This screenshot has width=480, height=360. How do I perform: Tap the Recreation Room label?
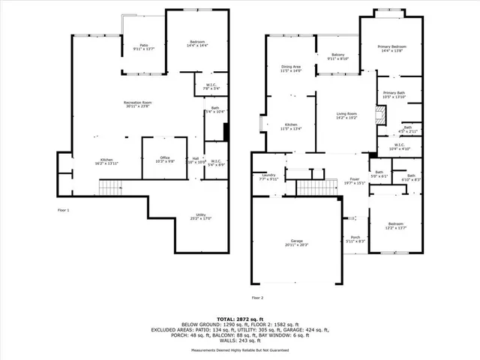[137, 104]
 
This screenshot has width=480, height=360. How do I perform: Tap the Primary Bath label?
[394, 94]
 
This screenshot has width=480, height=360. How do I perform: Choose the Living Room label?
[347, 115]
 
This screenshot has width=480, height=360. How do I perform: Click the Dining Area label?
[291, 69]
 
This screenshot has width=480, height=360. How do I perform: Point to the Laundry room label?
[268, 177]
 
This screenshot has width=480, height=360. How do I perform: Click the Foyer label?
[354, 180]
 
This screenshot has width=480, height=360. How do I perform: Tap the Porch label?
[355, 239]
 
